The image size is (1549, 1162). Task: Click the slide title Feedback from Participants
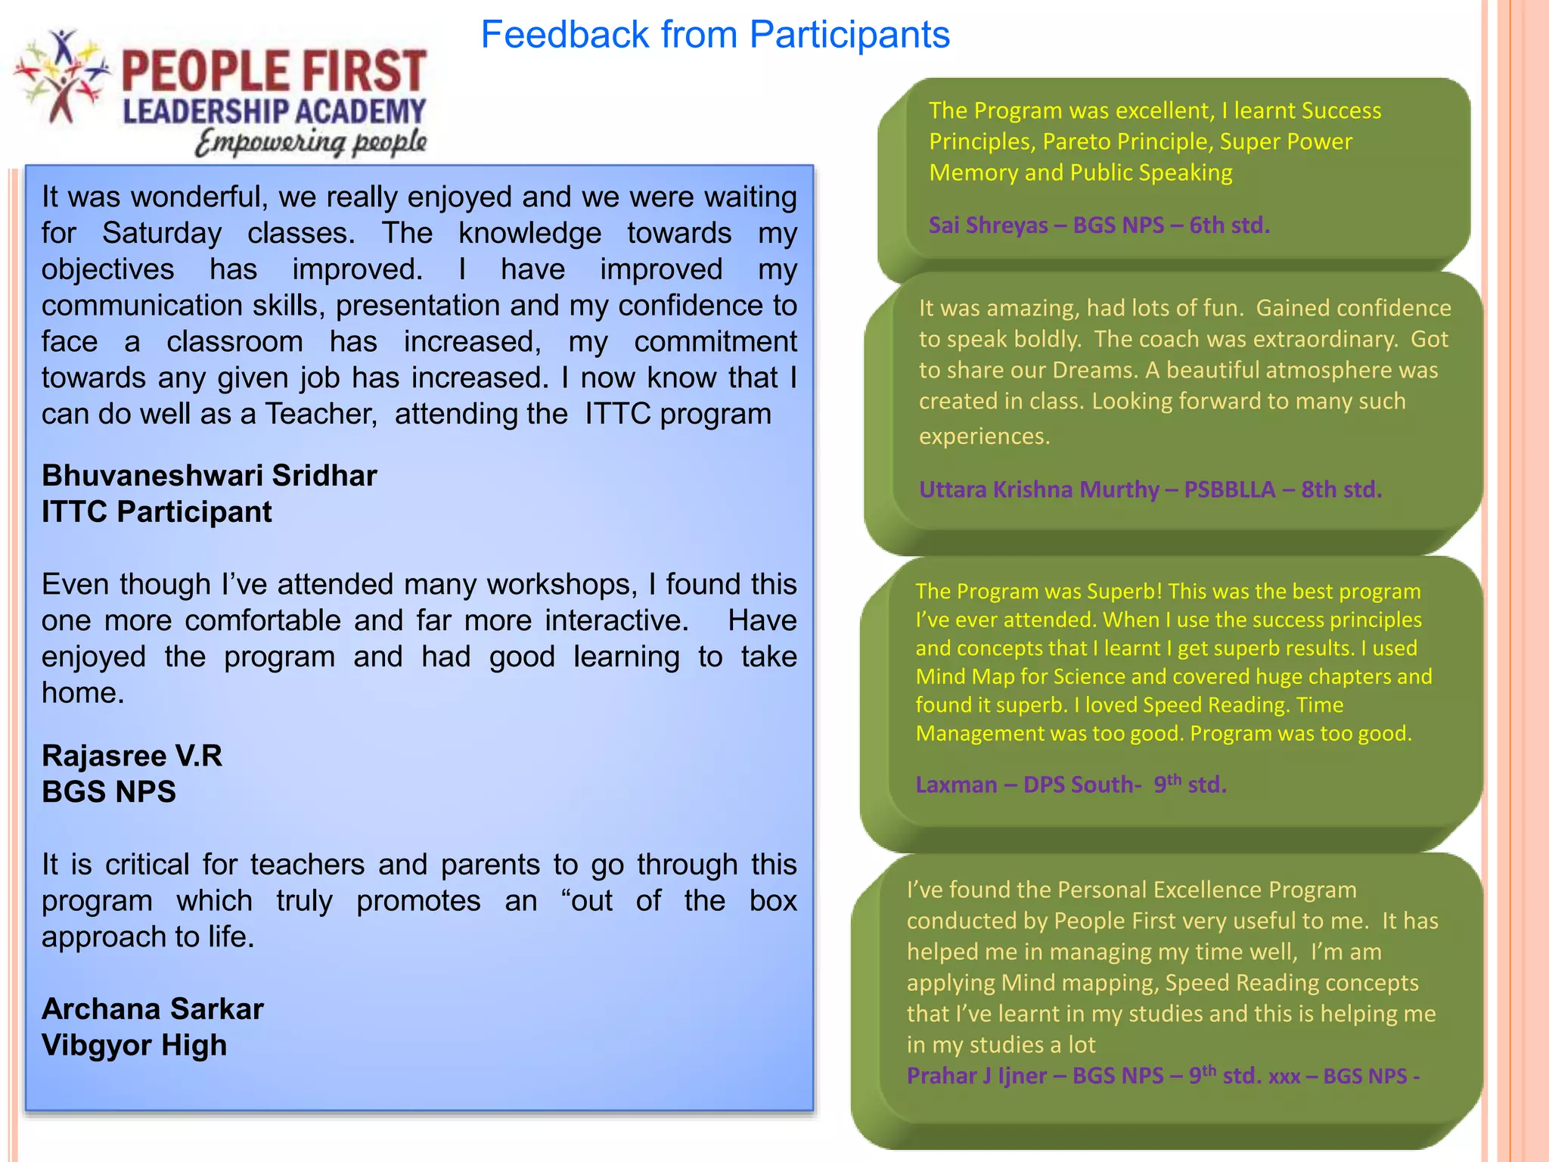(715, 35)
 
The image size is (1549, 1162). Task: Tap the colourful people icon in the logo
(61, 76)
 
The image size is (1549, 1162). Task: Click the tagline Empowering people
(311, 142)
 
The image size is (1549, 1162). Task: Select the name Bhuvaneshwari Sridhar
(209, 476)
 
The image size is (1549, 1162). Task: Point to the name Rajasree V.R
(132, 756)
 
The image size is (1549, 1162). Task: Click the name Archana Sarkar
(152, 1009)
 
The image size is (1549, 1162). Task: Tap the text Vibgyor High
(134, 1045)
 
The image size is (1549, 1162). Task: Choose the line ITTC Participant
(157, 512)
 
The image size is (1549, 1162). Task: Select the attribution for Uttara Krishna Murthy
(1150, 489)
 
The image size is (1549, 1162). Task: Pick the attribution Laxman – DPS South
(1070, 785)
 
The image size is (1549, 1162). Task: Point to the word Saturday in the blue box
(162, 233)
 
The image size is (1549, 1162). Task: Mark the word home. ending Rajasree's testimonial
(82, 693)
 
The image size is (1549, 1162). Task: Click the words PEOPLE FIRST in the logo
(274, 71)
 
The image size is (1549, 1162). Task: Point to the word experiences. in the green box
(984, 437)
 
